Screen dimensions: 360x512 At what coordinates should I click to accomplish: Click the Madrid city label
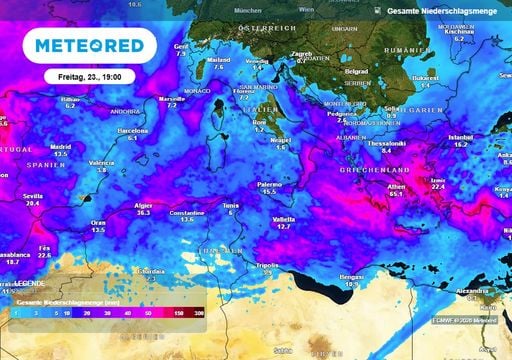tap(60, 144)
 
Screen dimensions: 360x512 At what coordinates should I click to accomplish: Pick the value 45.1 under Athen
tap(396, 195)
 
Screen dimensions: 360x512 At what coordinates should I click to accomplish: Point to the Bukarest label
tap(426, 77)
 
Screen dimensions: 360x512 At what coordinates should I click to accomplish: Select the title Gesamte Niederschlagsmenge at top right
tap(448, 9)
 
